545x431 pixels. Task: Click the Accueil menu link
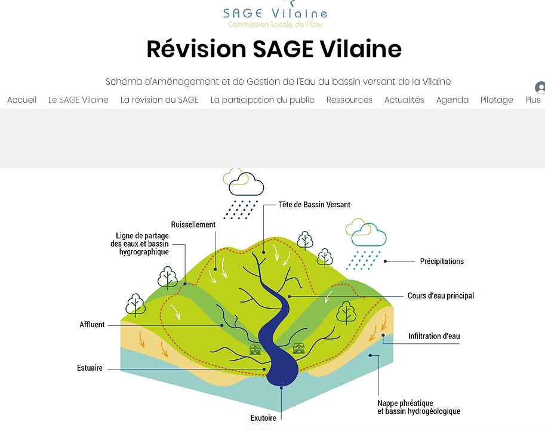(x=21, y=100)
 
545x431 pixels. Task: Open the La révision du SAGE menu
(x=159, y=100)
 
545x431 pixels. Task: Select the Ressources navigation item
(x=349, y=100)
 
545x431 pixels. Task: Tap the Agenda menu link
(x=452, y=100)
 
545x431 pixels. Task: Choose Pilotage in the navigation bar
(x=497, y=100)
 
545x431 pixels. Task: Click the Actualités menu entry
(x=404, y=100)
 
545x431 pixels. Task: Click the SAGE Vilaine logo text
(x=275, y=14)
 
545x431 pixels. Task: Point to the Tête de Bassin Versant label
(x=314, y=204)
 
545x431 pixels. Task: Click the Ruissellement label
(x=193, y=224)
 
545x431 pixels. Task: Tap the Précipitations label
(x=442, y=261)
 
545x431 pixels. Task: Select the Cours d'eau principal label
(x=441, y=295)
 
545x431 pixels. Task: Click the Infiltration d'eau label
(x=434, y=336)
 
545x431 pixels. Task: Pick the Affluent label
(x=92, y=324)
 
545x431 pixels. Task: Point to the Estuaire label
(x=90, y=368)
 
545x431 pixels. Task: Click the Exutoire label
(x=263, y=418)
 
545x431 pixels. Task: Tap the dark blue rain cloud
(x=246, y=184)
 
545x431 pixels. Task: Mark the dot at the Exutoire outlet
(x=282, y=387)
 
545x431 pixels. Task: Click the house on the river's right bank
(x=298, y=348)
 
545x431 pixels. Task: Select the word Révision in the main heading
(x=196, y=49)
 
